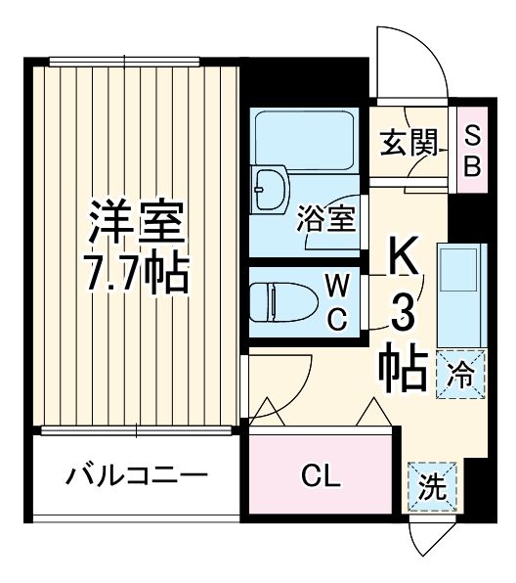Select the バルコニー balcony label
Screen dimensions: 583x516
pos(138,477)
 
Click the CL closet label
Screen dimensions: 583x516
pos(320,477)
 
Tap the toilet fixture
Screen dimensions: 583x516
pos(278,301)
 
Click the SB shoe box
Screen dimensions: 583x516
pos(472,150)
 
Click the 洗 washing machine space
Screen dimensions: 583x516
pos(429,483)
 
